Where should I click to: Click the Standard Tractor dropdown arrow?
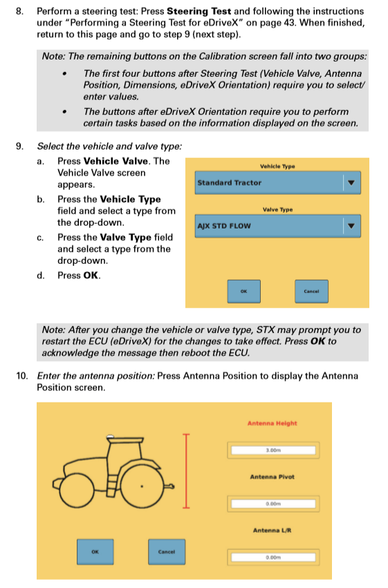[x=351, y=184]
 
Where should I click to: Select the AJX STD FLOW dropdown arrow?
[x=351, y=226]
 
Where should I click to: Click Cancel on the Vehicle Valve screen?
[x=311, y=291]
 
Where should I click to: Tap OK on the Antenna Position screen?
[x=95, y=551]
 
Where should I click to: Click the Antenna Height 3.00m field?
[x=272, y=451]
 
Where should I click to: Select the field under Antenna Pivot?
[x=272, y=504]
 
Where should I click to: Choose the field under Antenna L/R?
[x=272, y=557]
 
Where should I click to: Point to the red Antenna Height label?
[x=272, y=423]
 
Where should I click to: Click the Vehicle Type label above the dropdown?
[x=277, y=166]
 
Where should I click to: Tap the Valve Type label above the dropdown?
[x=277, y=209]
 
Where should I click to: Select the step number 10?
[x=22, y=375]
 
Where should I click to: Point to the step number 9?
[x=22, y=146]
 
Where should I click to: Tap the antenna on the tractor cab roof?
[x=110, y=438]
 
